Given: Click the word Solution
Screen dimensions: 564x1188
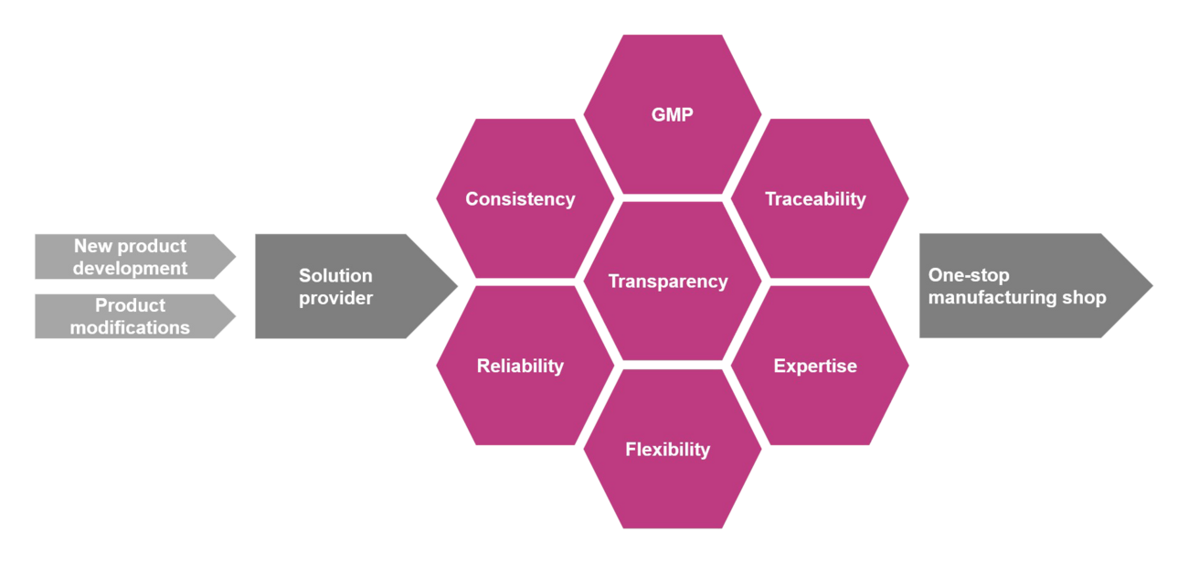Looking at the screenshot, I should coord(335,275).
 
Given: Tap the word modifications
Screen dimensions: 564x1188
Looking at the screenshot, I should coord(130,327).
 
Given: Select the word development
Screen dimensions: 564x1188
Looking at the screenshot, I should coord(130,268).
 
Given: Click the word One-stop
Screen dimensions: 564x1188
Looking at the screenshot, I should coord(956,275).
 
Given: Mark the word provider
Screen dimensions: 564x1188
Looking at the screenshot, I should coord(335,297).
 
